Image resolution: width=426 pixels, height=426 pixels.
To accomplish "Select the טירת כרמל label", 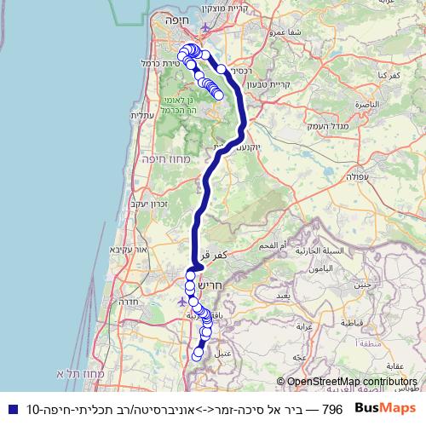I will tap(159, 64).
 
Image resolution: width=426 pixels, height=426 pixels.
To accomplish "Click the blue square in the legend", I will tap(9, 409).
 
